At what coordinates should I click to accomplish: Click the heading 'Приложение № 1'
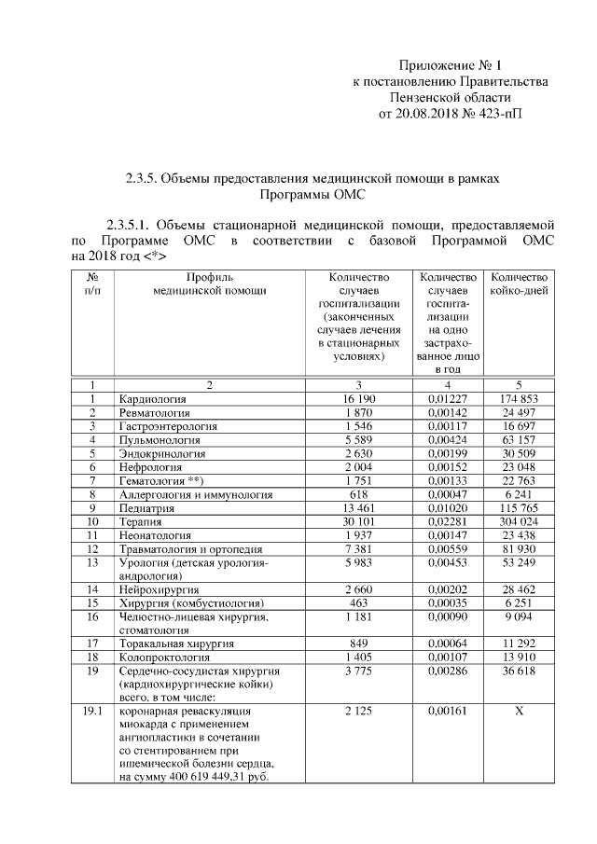(450, 65)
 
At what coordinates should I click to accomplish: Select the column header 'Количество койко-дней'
(520, 284)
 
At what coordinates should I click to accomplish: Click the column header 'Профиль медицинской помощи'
(210, 284)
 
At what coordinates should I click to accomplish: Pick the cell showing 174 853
(520, 399)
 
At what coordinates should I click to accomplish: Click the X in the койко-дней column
(520, 713)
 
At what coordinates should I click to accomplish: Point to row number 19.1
(92, 713)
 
